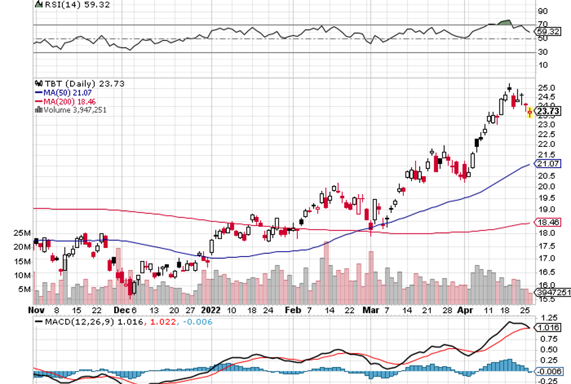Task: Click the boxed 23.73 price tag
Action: point(548,111)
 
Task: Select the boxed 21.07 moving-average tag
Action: point(548,164)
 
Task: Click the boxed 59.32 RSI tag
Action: point(548,32)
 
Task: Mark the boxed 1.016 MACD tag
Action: point(548,327)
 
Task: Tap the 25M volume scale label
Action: point(23,233)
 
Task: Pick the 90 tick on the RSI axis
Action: point(542,11)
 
